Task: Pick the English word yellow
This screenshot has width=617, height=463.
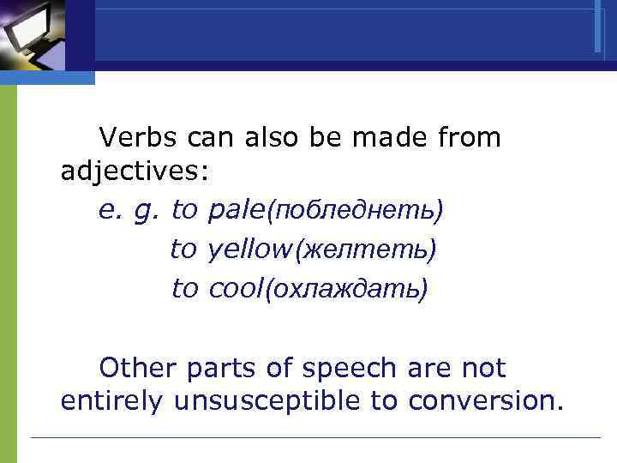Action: click(x=249, y=250)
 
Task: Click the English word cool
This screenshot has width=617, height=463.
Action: click(x=237, y=289)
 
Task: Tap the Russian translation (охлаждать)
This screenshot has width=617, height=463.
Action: click(x=346, y=290)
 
